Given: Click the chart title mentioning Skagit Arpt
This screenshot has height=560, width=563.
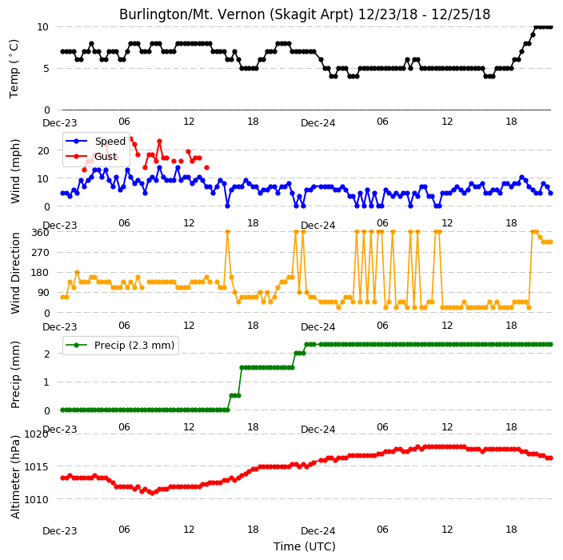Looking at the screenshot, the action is [305, 14].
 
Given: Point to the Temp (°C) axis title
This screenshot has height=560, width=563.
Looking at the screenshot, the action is [14, 69].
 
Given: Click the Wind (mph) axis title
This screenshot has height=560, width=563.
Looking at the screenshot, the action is [15, 171].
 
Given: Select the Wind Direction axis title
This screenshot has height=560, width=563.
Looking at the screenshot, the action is [15, 273].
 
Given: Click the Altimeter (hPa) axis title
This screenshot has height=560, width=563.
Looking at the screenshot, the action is [15, 477].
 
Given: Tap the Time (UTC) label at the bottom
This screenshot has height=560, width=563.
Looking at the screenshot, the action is [305, 546].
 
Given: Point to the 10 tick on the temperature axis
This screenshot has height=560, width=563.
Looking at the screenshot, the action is [42, 27].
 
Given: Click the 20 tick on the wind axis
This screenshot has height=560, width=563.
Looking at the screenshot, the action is [43, 151].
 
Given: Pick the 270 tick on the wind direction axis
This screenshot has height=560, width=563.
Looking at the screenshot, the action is [40, 253].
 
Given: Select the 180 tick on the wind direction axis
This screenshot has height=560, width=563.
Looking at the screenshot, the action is [40, 273].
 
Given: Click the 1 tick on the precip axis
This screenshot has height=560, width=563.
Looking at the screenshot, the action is [46, 382].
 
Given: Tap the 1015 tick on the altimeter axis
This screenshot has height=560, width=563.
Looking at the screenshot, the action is [36, 467].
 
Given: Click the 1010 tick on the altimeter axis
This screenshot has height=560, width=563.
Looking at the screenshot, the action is [36, 499].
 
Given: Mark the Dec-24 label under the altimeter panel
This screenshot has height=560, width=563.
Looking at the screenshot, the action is [318, 531].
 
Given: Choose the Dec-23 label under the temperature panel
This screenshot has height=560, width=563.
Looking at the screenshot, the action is [60, 123].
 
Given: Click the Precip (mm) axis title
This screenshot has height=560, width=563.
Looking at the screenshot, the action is [15, 374].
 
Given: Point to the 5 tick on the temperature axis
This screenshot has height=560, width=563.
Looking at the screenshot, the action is [46, 69].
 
